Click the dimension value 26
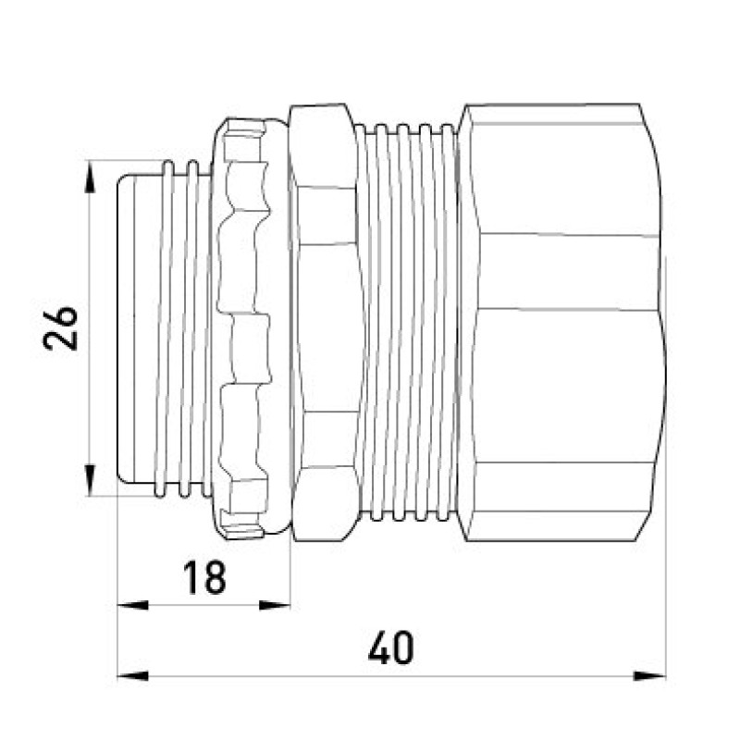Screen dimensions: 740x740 60,328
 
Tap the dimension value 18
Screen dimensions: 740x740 204,576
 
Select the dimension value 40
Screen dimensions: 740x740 390,647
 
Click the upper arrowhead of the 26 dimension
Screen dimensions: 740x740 89,177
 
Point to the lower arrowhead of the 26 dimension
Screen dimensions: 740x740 89,480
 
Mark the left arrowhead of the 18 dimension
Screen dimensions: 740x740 132,605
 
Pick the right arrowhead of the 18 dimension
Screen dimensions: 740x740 275,605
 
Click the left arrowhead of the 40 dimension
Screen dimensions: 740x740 132,676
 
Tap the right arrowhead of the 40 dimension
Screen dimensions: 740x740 650,676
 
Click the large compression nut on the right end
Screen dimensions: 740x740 561,322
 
